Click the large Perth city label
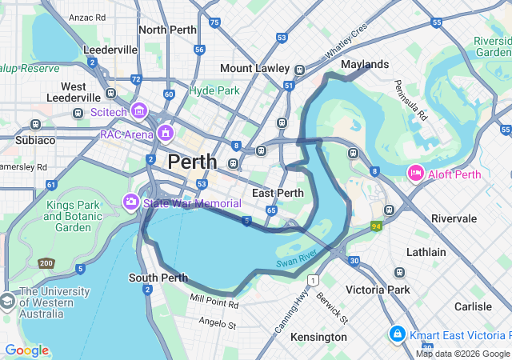(x=192, y=162)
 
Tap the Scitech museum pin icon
(x=139, y=110)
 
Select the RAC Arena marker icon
(x=166, y=132)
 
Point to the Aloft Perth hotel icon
(x=416, y=173)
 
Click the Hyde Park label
(x=214, y=90)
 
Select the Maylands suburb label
(x=365, y=64)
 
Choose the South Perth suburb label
(x=158, y=278)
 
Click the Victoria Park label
(x=378, y=290)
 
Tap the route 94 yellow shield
(x=376, y=226)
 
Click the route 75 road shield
(x=214, y=22)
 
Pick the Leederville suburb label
(x=110, y=50)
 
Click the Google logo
(x=26, y=350)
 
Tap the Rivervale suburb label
(x=454, y=218)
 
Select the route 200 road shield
(x=46, y=263)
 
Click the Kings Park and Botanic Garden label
(x=73, y=216)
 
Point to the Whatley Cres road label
(x=346, y=40)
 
